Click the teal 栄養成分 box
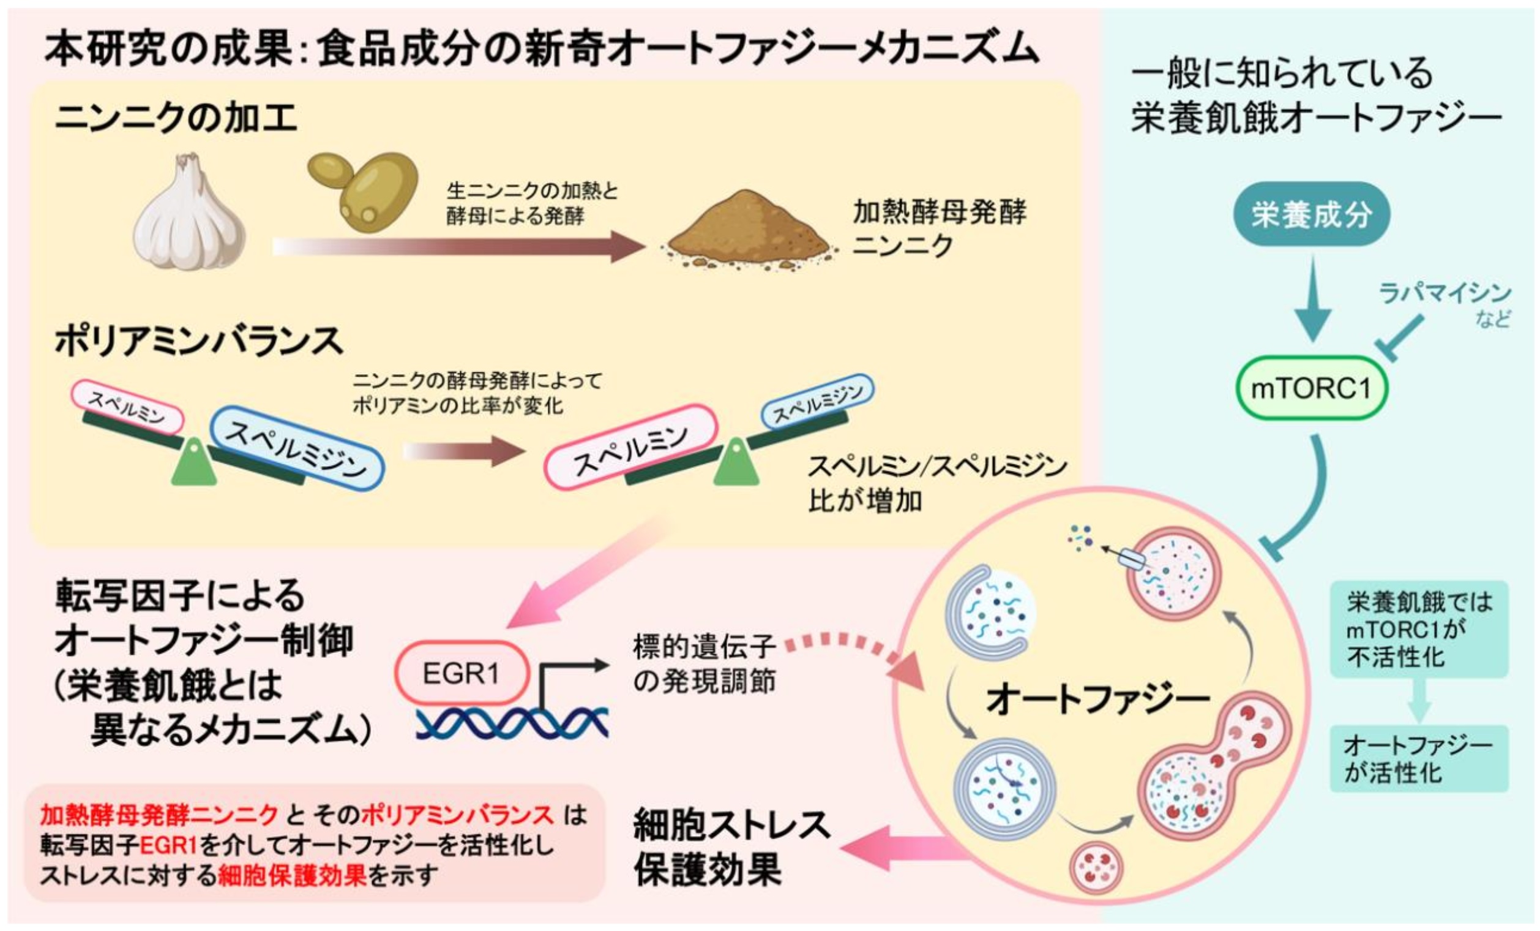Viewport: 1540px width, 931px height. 1311,214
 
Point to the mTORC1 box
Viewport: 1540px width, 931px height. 1311,388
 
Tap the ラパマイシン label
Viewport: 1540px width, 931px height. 1445,293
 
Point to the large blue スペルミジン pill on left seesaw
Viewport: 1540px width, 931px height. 296,448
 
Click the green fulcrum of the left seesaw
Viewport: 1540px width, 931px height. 194,462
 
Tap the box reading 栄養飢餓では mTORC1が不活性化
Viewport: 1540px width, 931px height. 1419,629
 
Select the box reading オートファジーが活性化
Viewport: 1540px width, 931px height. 1419,759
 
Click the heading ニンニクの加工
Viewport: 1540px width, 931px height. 176,118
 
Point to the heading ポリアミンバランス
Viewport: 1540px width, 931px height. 199,341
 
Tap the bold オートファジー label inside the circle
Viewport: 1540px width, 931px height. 1098,699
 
